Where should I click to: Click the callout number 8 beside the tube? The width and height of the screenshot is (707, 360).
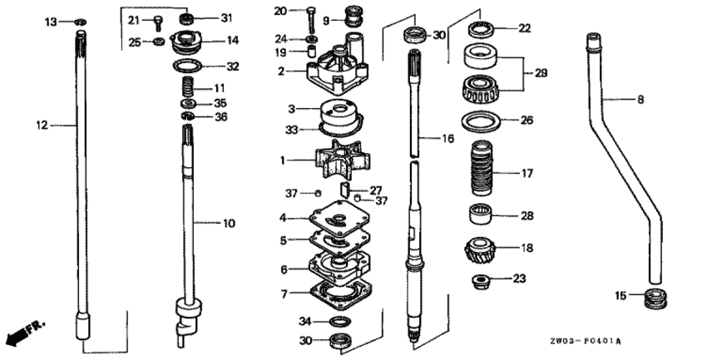click(x=640, y=100)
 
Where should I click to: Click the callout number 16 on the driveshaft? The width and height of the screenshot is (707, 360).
click(x=448, y=138)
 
